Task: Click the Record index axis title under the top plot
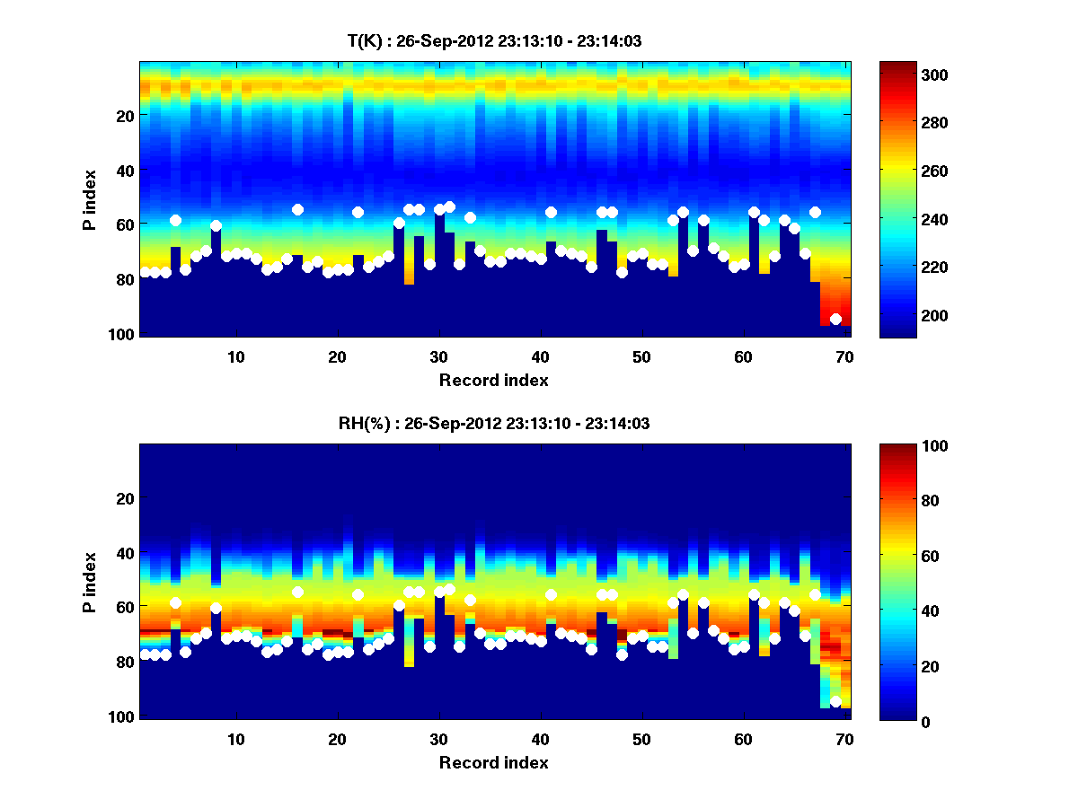494,380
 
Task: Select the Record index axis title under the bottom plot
494,762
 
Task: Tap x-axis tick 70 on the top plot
844,357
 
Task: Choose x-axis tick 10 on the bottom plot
236,740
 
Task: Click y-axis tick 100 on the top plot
122,334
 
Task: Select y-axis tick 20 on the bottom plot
126,498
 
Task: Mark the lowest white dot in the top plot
835,319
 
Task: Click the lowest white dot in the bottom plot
835,701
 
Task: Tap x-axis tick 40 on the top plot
540,357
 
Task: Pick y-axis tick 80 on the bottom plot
126,662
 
